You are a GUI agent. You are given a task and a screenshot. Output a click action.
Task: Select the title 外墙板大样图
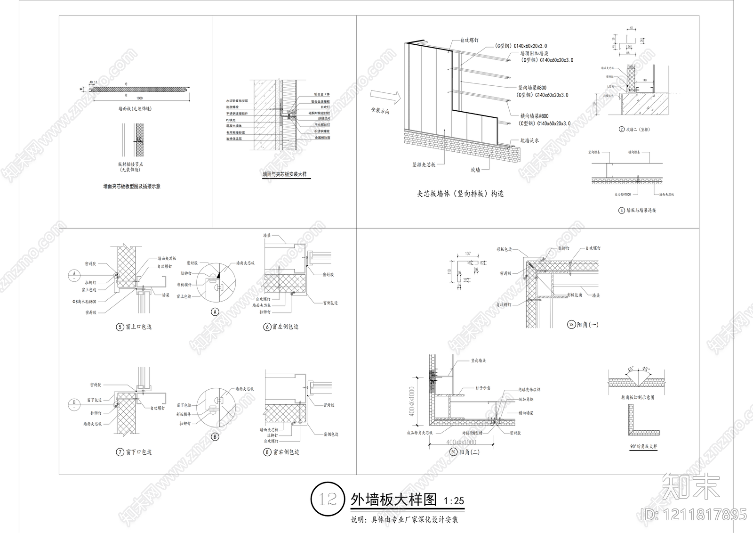[393, 500]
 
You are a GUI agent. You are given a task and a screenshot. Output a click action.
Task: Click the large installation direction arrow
[385, 97]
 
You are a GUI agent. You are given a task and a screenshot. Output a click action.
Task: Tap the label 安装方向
[381, 111]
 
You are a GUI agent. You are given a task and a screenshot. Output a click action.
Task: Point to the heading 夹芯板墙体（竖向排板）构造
[460, 194]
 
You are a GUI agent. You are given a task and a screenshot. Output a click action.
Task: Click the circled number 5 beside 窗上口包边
[120, 327]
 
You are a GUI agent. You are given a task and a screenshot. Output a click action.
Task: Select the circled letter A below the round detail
[214, 312]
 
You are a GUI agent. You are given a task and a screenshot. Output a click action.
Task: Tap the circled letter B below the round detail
[214, 436]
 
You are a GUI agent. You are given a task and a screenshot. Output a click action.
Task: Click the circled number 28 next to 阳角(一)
[571, 325]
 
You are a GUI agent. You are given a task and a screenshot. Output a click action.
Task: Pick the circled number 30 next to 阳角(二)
[453, 452]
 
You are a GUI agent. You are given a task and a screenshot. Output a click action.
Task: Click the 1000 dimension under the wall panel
[139, 98]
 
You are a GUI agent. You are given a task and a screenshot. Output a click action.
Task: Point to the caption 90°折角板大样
[643, 446]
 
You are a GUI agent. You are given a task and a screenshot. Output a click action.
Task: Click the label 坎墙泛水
[529, 140]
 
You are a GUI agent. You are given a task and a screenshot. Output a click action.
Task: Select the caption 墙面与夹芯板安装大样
[285, 174]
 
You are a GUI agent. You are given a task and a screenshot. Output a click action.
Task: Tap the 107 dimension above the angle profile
[468, 254]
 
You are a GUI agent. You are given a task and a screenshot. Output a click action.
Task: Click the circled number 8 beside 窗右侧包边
[267, 452]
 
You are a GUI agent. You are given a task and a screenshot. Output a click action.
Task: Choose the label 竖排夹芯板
[424, 164]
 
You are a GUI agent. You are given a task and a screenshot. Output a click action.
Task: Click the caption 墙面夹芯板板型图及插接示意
[132, 186]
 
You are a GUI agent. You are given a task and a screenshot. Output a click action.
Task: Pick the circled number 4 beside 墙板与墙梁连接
[621, 210]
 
